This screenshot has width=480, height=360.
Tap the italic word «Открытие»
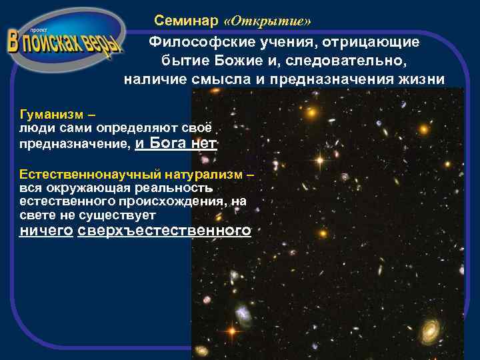click(267, 21)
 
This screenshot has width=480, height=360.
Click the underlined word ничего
click(46, 231)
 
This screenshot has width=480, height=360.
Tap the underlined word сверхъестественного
click(165, 231)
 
